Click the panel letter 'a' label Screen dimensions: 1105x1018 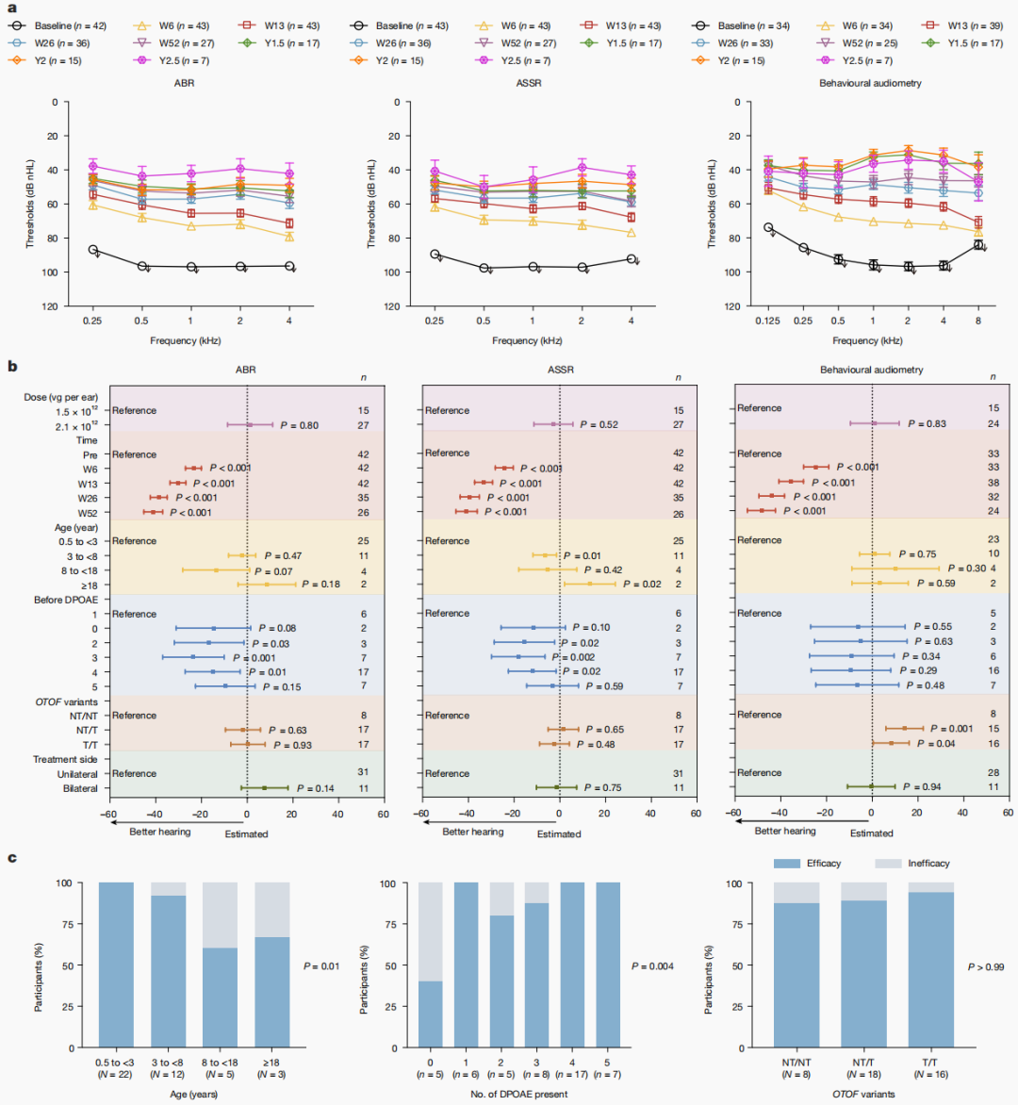coord(11,7)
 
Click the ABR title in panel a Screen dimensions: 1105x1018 coord(184,83)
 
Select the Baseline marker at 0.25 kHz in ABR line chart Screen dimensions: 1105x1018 coord(92,250)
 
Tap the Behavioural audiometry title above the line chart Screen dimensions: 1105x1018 coord(870,83)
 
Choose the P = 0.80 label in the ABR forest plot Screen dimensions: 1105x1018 coord(299,425)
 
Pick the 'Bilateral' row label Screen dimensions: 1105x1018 coord(80,788)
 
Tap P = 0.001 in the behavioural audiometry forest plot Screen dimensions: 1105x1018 coord(951,729)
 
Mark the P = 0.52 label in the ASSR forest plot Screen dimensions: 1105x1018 coord(599,425)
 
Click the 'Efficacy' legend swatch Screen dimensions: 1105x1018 coord(787,864)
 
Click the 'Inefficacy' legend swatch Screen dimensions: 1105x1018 coord(888,864)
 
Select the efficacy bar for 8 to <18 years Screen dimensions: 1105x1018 coord(221,998)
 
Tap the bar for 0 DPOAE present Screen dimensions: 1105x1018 coord(430,1014)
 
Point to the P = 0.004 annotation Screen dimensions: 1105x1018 coord(652,966)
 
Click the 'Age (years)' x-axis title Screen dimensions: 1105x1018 coord(192,1095)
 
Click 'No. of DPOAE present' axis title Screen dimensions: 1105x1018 coord(516,1095)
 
